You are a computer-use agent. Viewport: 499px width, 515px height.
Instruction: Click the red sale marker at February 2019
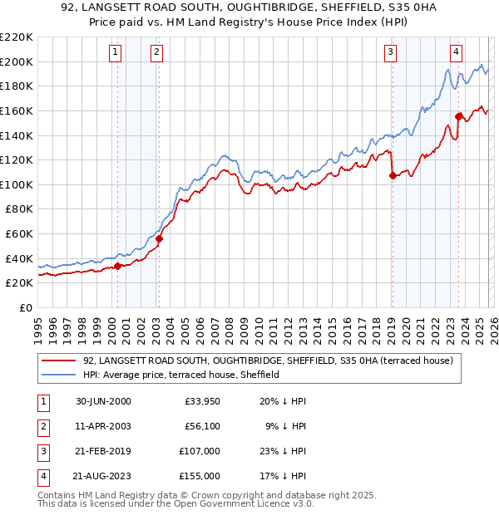point(392,175)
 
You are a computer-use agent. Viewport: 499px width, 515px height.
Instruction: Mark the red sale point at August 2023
point(458,116)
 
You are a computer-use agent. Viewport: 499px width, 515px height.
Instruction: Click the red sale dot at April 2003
point(159,238)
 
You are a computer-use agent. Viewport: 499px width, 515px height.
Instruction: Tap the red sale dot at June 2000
point(117,266)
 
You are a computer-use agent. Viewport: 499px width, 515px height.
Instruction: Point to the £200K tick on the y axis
point(17,61)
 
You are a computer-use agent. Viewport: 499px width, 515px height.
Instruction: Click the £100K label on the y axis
point(17,184)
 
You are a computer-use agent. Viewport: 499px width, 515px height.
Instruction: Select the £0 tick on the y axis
point(25,307)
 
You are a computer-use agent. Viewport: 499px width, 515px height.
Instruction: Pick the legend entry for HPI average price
point(180,375)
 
